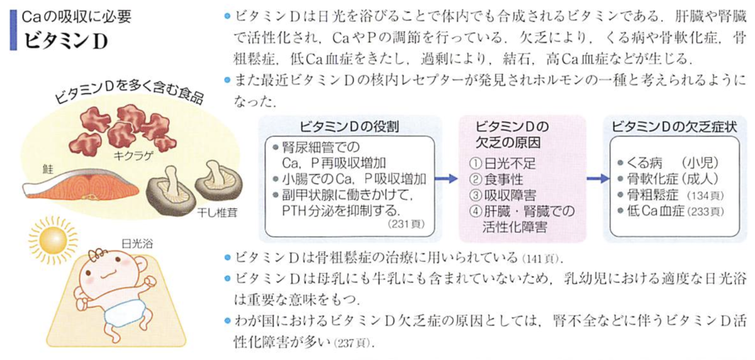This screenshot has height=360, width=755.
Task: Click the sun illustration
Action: tap(53, 240)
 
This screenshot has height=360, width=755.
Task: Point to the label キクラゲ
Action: tap(133, 155)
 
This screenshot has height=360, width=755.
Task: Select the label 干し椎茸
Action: tap(218, 212)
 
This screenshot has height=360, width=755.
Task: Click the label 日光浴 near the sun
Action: tap(137, 244)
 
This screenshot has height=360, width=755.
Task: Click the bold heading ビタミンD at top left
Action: tap(66, 41)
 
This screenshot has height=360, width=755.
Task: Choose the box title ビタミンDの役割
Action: tap(349, 127)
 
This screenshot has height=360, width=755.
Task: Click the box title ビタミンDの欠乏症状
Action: tap(674, 127)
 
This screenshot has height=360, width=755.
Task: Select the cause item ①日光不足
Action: tap(502, 164)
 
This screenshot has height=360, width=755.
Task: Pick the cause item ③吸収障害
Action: tap(502, 195)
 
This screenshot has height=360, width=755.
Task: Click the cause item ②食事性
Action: tap(496, 179)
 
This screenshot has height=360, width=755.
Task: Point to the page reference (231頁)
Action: tap(406, 224)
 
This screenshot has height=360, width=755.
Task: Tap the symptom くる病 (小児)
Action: tap(668, 163)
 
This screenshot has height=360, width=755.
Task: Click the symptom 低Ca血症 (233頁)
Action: tap(671, 211)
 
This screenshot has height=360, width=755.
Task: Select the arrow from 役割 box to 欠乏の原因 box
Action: tap(446, 179)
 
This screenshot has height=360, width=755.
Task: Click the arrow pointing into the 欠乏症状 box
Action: tap(598, 179)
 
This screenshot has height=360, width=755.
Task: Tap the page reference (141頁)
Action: tap(542, 259)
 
